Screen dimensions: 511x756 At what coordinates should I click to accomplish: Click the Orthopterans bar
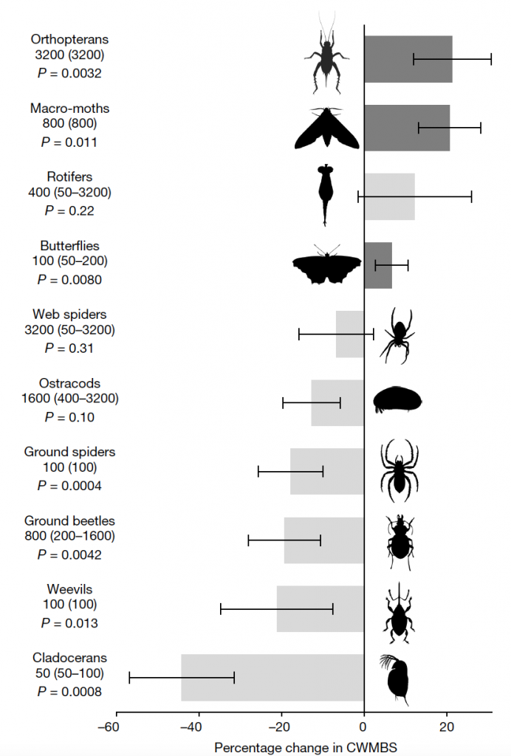[x=408, y=59]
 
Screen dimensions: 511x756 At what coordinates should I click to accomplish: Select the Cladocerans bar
[x=272, y=678]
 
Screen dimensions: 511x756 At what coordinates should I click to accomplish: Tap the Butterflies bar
[x=378, y=265]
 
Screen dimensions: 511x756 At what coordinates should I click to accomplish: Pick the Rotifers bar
[x=389, y=196]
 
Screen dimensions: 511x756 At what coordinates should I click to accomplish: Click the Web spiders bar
[x=350, y=334]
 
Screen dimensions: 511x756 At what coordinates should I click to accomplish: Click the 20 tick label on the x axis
[x=447, y=726]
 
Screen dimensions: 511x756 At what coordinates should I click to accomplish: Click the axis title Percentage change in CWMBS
[x=306, y=747]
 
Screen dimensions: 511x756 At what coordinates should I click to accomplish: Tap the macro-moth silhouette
[x=327, y=128]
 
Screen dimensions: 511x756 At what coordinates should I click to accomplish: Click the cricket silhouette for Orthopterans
[x=327, y=53]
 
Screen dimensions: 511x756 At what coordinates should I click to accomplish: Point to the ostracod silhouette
[x=398, y=399]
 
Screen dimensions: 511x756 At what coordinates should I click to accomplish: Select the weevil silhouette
[x=399, y=614]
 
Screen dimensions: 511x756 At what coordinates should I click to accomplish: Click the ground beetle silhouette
[x=399, y=543]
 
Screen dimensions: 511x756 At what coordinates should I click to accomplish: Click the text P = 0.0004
[x=69, y=486]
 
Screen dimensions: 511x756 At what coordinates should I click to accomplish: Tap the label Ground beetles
[x=70, y=520]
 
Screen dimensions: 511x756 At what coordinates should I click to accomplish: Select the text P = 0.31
[x=69, y=348]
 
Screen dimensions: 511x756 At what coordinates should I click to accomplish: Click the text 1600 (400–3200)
[x=70, y=398]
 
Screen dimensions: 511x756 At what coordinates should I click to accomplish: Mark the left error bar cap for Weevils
[x=220, y=609]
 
